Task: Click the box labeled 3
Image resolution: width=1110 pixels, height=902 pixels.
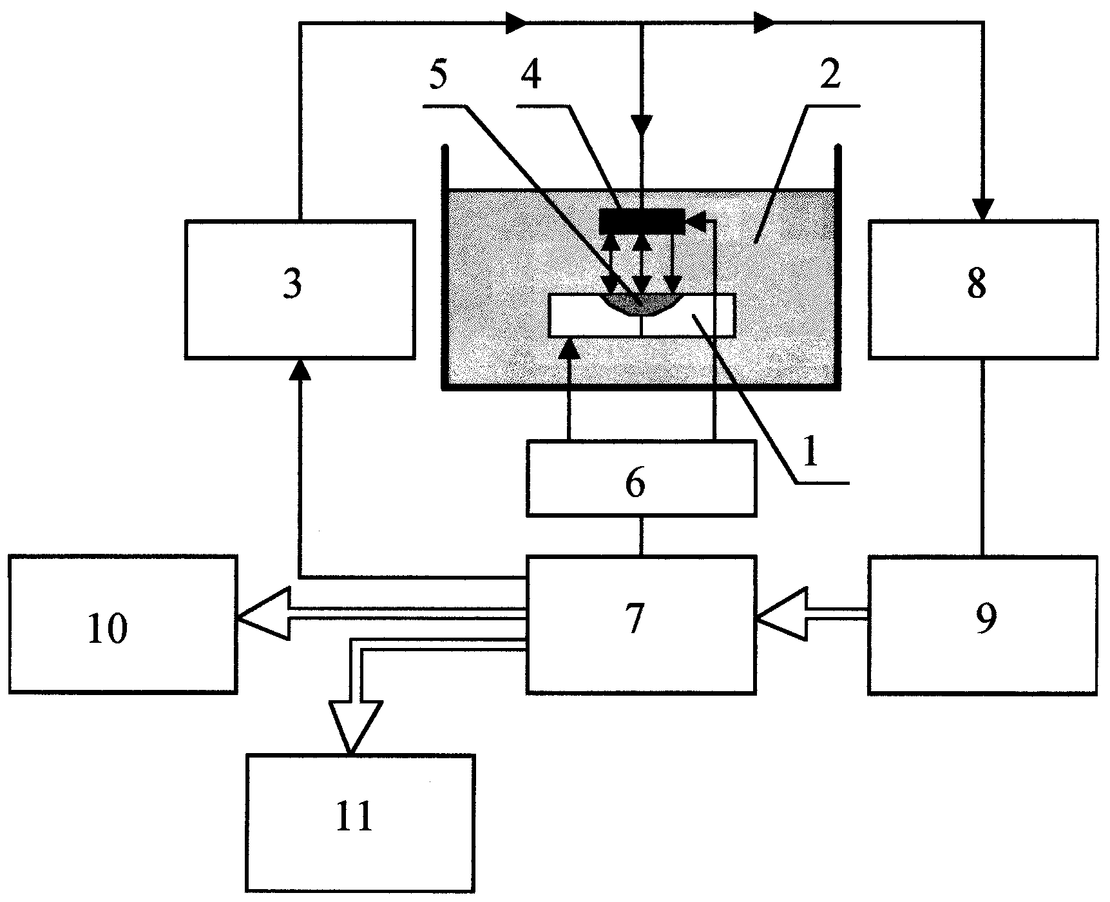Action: [299, 289]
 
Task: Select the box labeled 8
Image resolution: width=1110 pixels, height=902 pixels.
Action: [982, 289]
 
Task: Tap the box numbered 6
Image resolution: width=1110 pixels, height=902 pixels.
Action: [641, 478]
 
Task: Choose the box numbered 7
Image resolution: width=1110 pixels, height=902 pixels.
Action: [641, 624]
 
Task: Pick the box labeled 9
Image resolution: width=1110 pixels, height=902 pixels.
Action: [982, 624]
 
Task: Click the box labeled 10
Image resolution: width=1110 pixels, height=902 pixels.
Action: [122, 624]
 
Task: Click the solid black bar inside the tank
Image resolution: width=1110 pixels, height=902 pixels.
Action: [642, 222]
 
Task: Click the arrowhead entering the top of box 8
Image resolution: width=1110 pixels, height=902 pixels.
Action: [982, 208]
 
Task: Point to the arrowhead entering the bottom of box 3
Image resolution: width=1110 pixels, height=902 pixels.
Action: [299, 371]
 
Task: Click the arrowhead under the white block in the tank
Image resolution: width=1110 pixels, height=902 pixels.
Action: [569, 349]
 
